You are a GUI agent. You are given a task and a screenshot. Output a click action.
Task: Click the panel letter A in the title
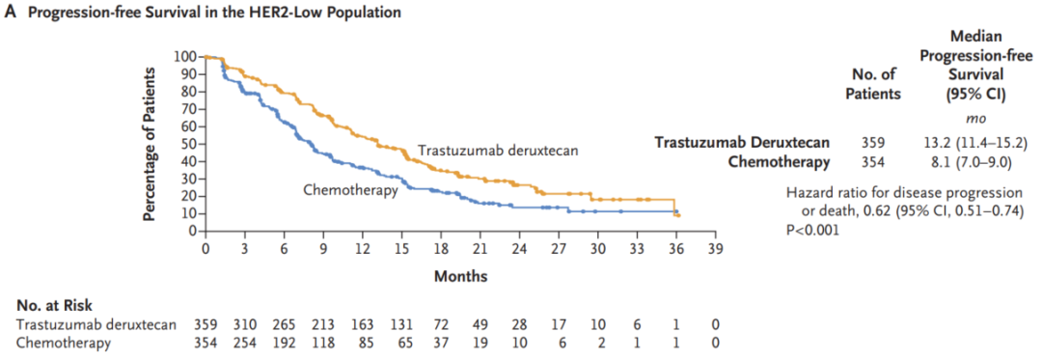(x=10, y=13)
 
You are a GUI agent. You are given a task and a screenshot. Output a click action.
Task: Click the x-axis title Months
(x=460, y=276)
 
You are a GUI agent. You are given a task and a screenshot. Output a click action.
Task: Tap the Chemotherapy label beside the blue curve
(x=350, y=191)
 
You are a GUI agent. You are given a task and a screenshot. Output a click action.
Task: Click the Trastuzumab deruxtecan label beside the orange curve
(x=498, y=151)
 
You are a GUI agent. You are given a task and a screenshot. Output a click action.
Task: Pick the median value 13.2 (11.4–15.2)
(x=971, y=142)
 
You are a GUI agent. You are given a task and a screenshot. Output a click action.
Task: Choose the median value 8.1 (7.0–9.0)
(x=971, y=162)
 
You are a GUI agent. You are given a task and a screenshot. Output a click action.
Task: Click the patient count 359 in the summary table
(x=873, y=142)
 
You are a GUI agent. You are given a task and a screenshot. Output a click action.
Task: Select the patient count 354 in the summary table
(x=873, y=162)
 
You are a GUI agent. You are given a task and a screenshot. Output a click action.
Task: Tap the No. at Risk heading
(x=54, y=306)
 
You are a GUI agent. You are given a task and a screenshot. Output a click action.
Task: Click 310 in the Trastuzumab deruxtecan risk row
(x=244, y=325)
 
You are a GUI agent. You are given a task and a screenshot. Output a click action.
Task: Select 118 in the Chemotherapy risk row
(x=323, y=343)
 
